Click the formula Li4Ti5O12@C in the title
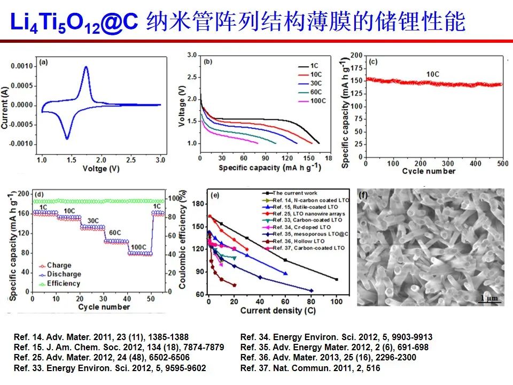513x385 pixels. tap(75, 22)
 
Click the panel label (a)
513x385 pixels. tap(44, 63)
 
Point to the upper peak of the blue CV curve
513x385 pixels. tap(85, 67)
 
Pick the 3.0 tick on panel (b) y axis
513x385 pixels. tap(192, 55)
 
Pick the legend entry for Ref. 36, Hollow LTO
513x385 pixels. tap(296, 241)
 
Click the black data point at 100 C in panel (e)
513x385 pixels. tap(337, 279)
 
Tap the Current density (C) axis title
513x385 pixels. tap(274, 311)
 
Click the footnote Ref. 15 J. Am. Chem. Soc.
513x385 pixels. tap(119, 347)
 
